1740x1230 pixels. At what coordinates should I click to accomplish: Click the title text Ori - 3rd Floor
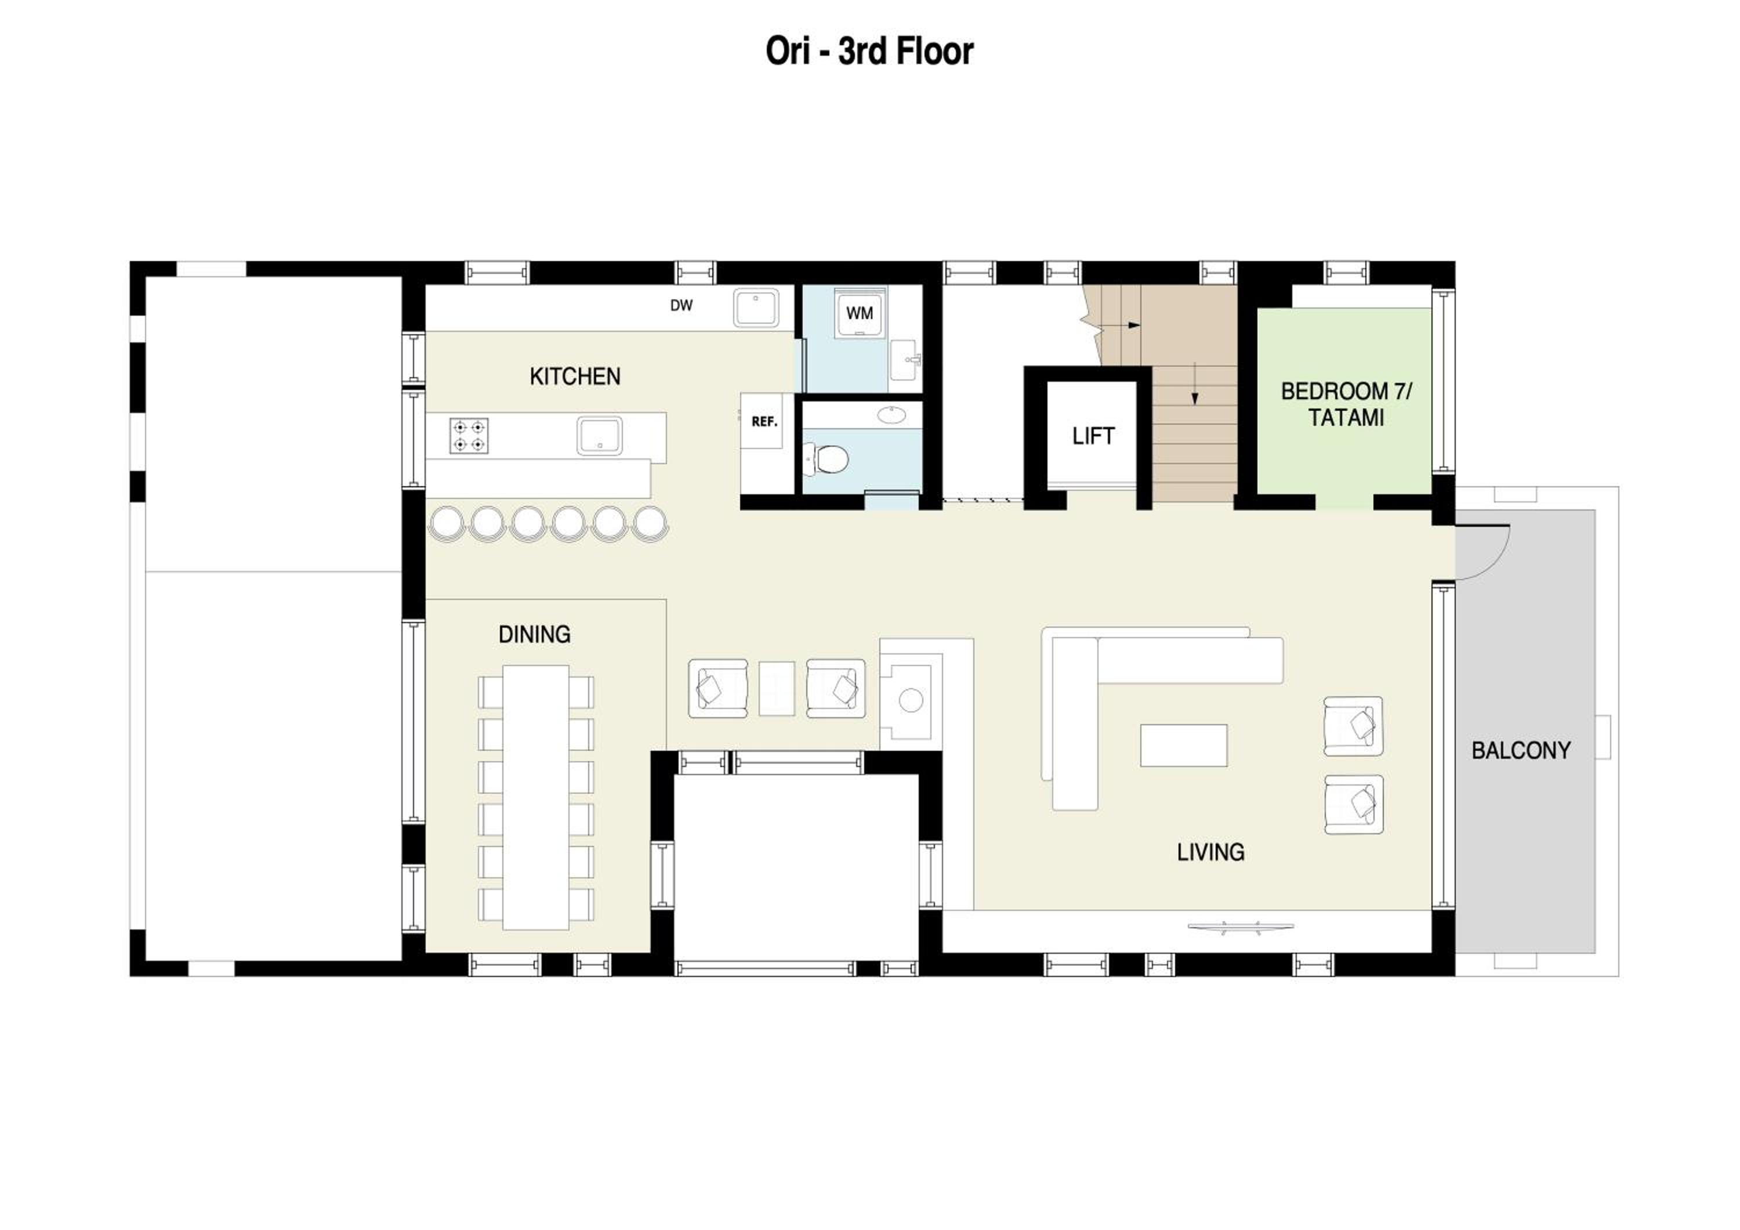tap(869, 52)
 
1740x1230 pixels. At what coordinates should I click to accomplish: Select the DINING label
tap(534, 634)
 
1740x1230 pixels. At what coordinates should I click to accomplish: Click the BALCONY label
tap(1520, 750)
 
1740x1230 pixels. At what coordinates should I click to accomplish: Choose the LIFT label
tap(1093, 436)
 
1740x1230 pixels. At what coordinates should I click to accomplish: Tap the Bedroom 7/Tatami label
tap(1346, 405)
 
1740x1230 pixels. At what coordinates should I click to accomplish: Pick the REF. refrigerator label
tap(764, 421)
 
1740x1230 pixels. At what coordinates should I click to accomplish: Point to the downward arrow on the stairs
tap(1195, 384)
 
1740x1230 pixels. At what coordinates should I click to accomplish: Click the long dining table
tap(536, 797)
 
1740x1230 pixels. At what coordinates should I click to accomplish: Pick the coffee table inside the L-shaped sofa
tap(1183, 746)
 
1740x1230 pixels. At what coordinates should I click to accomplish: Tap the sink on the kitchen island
tap(600, 436)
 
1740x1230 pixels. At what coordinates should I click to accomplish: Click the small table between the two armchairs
tap(777, 688)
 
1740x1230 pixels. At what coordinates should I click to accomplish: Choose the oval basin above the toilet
tap(892, 415)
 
